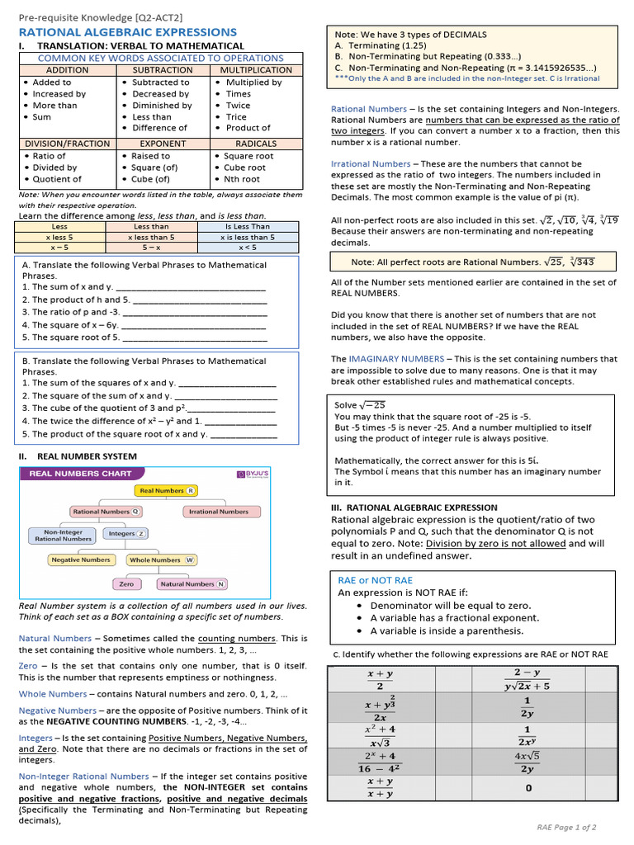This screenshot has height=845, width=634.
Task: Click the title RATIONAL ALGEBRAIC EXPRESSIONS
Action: click(x=127, y=31)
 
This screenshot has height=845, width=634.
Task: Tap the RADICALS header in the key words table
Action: click(x=256, y=144)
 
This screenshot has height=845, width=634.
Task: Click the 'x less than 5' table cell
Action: click(x=151, y=237)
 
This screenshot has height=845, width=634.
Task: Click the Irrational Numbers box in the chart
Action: click(x=218, y=512)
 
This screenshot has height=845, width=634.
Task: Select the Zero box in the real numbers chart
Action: click(x=126, y=584)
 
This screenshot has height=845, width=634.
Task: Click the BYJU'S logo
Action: click(x=253, y=474)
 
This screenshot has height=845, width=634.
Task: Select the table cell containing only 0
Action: click(x=528, y=787)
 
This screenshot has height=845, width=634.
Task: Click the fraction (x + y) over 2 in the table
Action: click(x=380, y=680)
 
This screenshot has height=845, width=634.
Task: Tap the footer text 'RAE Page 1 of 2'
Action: click(x=566, y=827)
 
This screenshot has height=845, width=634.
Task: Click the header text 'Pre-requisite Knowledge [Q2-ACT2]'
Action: click(x=101, y=17)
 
